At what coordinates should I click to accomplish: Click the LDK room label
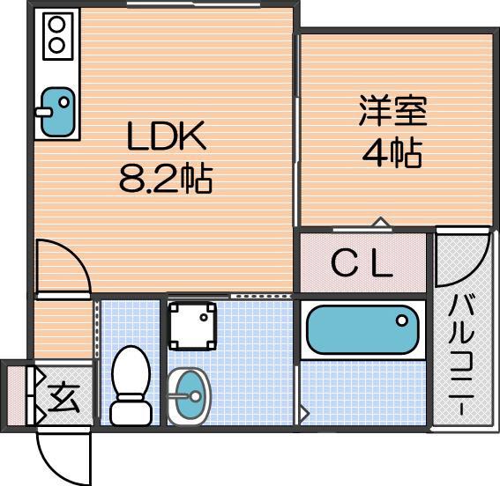pos(166,136)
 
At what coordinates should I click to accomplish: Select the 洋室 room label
pos(392,112)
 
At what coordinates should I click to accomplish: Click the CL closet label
pos(362,263)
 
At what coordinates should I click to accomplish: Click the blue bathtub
pos(362,330)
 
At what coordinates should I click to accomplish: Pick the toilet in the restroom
pos(131,385)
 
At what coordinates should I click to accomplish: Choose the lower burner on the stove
pos(56,44)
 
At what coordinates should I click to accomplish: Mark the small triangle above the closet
pos(380,223)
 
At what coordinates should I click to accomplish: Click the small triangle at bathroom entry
pos(304,411)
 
